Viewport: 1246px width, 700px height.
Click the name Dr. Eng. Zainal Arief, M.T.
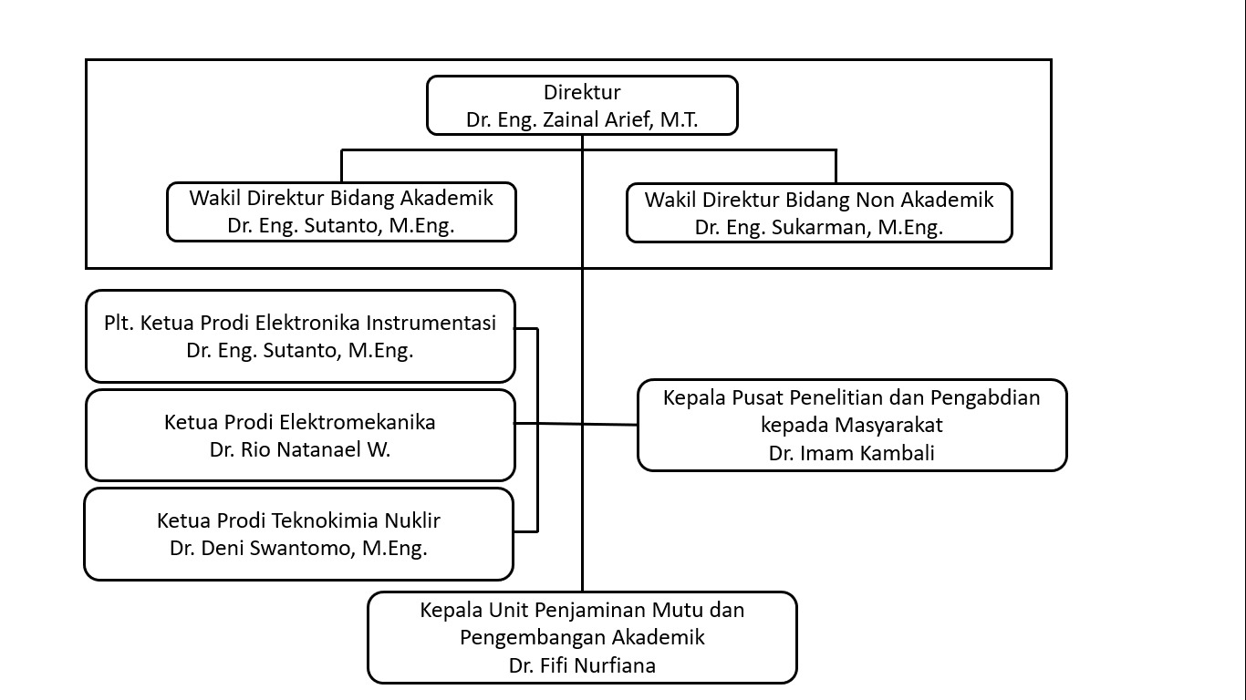pyautogui.click(x=582, y=119)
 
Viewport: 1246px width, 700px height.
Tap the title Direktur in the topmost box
pyautogui.click(x=582, y=92)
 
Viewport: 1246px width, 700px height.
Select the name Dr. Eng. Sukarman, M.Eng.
pyautogui.click(x=818, y=227)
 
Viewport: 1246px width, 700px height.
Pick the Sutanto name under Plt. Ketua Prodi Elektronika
pyautogui.click(x=300, y=350)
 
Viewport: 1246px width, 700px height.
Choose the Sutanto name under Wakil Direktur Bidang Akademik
pyautogui.click(x=341, y=226)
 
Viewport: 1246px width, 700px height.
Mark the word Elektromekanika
pyautogui.click(x=358, y=422)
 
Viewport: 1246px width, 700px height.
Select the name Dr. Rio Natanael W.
pyautogui.click(x=300, y=449)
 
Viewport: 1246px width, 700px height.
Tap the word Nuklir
pyautogui.click(x=411, y=520)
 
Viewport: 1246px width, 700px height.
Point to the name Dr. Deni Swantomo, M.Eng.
pyautogui.click(x=298, y=548)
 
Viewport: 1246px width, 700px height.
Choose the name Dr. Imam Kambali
pyautogui.click(x=851, y=453)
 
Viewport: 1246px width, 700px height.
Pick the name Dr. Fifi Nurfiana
pyautogui.click(x=582, y=665)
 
